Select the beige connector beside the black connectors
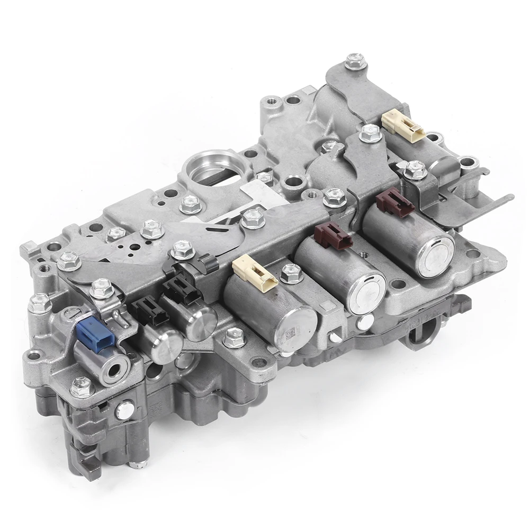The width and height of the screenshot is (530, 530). (255, 271)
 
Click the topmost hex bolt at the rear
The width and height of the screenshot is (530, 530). (355, 62)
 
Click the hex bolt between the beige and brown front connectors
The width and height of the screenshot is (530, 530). (291, 273)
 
